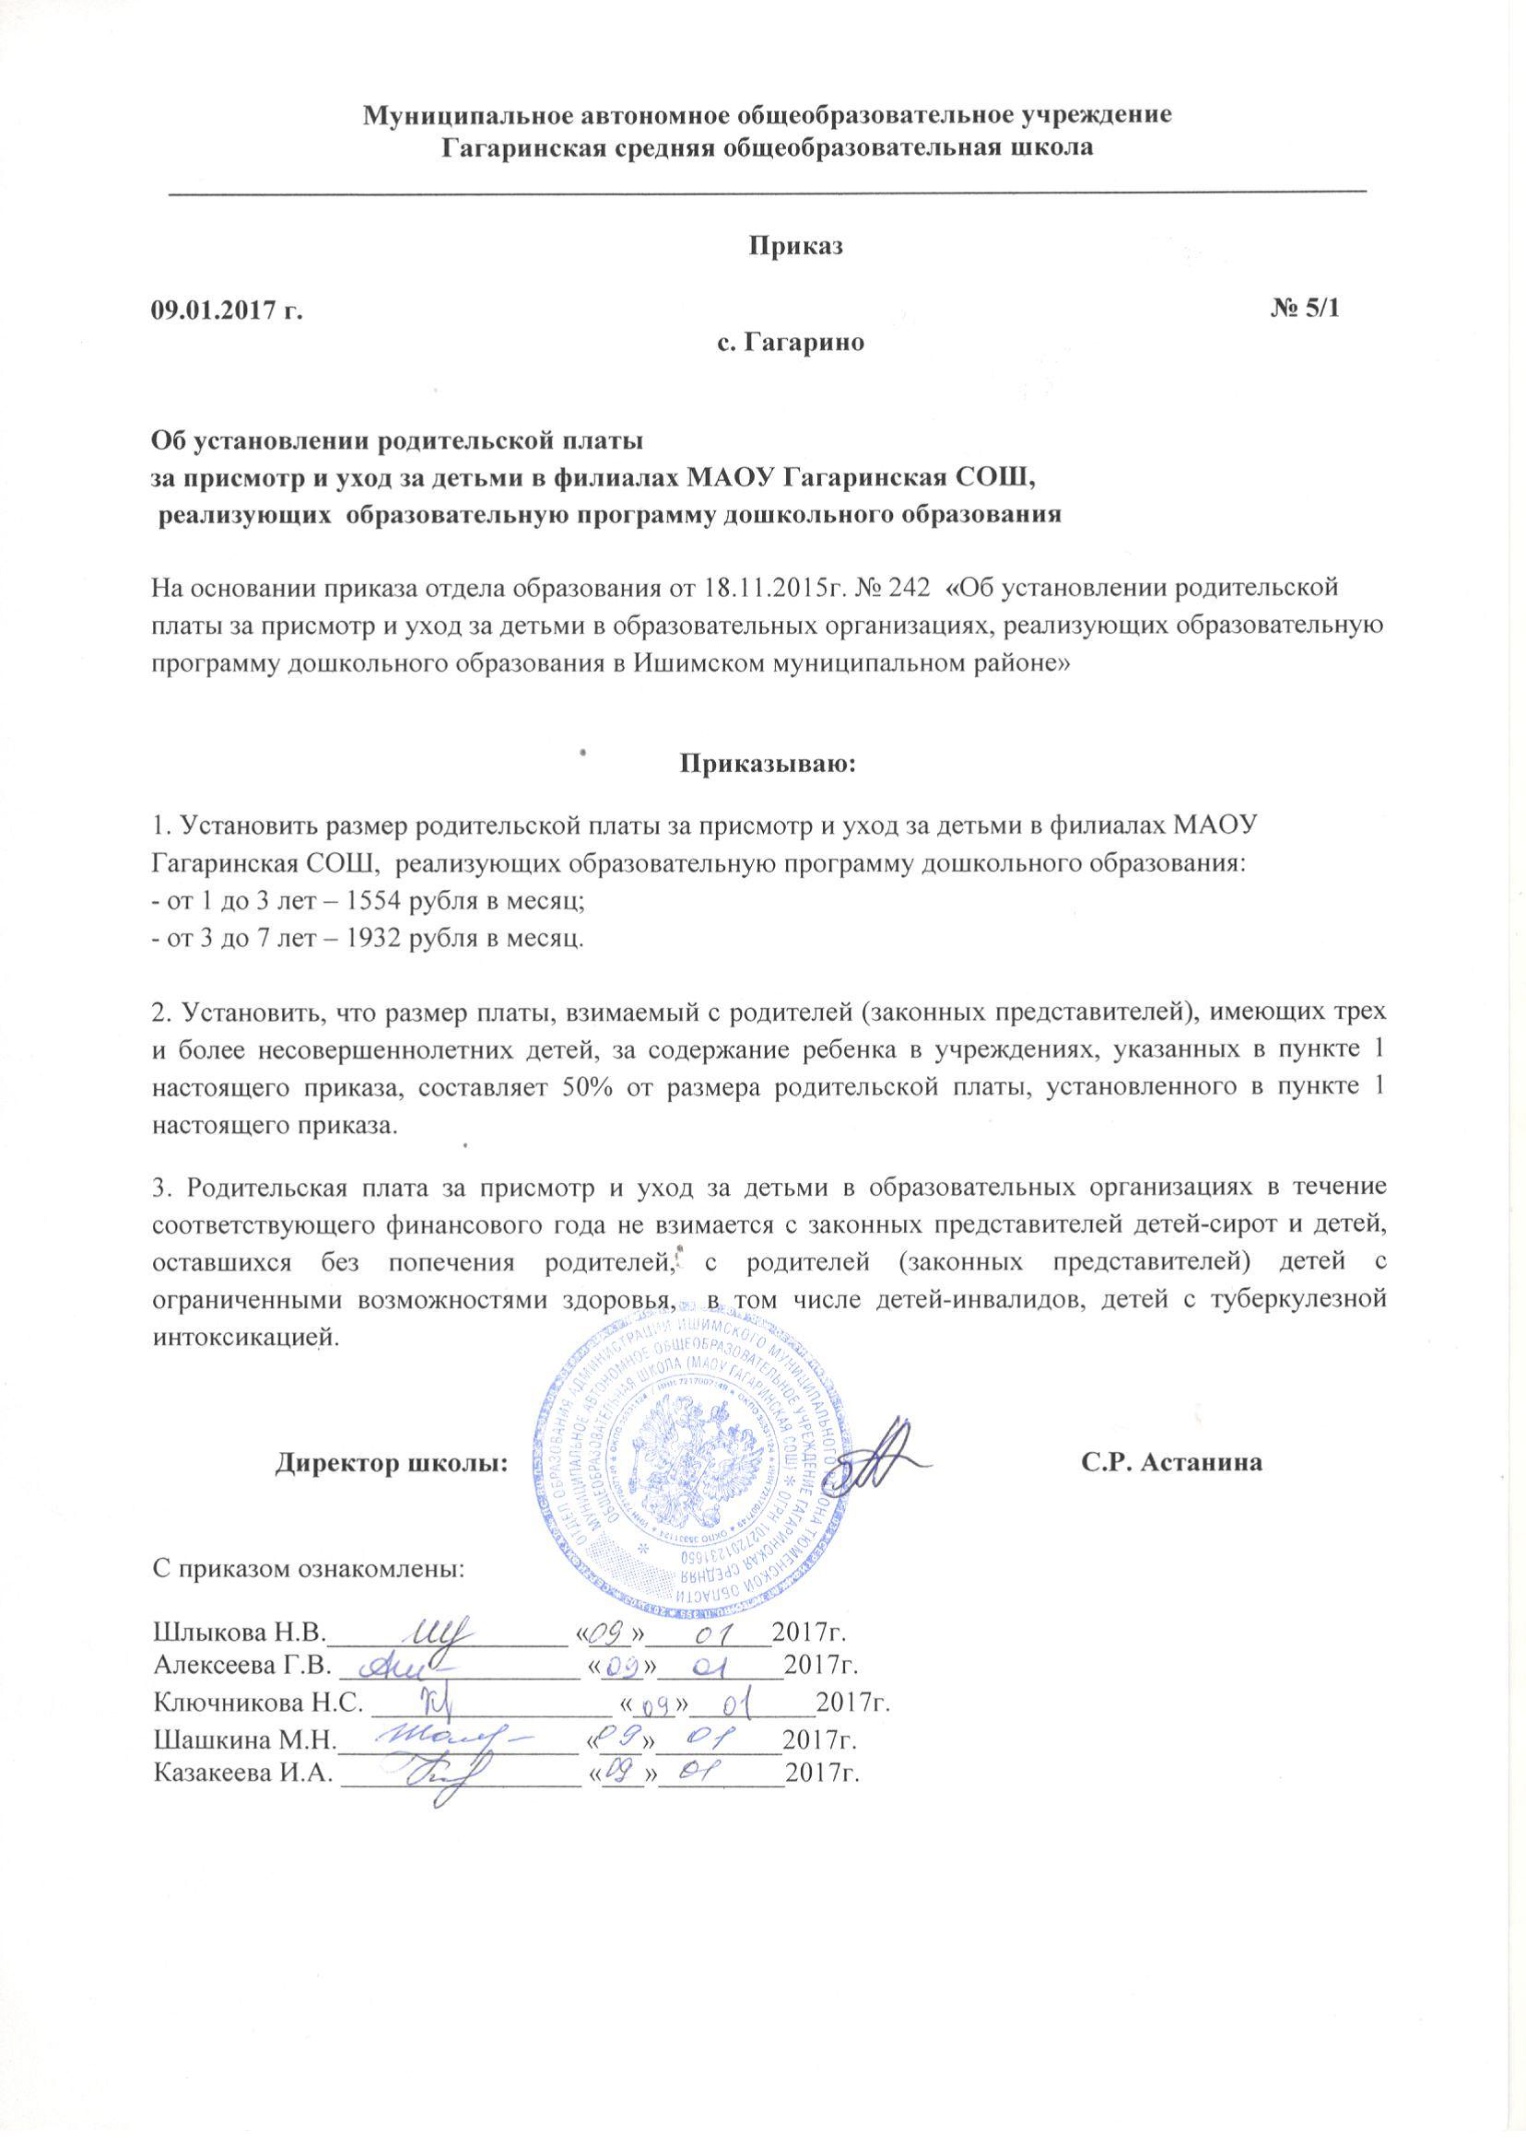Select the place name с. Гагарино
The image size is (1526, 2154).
point(791,343)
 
